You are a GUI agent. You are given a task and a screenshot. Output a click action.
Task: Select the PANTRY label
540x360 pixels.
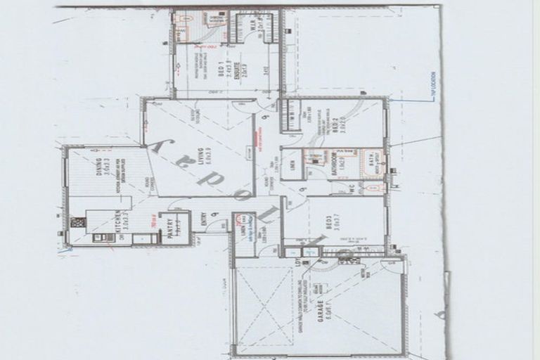[170, 229]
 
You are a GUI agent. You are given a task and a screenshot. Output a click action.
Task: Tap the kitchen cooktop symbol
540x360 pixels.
[77, 222]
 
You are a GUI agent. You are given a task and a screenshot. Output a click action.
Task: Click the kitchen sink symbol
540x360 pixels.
[104, 238]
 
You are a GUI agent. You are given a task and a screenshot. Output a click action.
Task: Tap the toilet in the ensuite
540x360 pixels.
[185, 19]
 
